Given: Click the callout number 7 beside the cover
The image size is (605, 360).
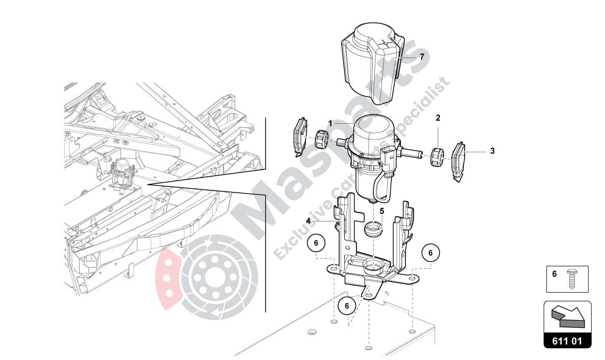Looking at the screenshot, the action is (422, 57).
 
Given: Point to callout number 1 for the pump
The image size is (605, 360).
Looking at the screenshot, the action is (331, 123).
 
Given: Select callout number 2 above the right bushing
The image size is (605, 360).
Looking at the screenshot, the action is (438, 118).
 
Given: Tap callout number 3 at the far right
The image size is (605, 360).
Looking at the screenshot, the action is (492, 151).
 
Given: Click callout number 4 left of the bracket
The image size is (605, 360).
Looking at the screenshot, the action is (308, 220).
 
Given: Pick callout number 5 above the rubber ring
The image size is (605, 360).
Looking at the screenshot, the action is (382, 211).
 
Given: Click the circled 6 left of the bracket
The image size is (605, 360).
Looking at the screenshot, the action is (316, 243).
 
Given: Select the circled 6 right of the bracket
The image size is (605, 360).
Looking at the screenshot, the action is (431, 253).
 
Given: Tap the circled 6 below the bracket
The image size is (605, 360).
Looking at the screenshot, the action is (346, 306).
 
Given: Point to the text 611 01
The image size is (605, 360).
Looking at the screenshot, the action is (567, 341).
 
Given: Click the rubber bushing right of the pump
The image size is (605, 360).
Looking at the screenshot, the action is (436, 156).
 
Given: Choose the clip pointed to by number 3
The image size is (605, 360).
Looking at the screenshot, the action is (459, 162).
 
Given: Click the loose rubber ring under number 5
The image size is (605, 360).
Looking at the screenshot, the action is (373, 230).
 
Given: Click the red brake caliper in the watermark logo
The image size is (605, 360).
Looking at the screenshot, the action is (167, 278).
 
